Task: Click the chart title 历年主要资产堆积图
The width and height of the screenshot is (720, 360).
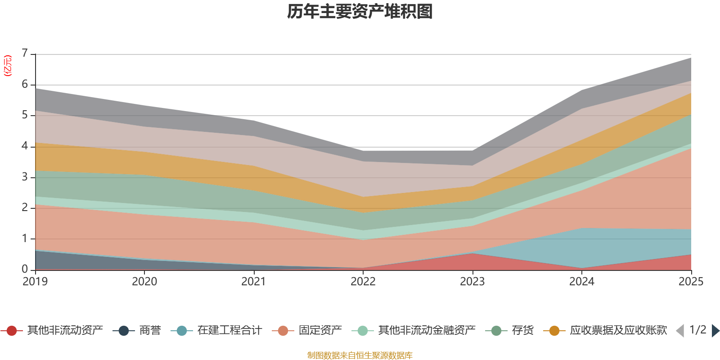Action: (360, 12)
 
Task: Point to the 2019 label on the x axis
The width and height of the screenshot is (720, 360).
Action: (35, 282)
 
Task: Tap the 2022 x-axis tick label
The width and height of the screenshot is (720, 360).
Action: (363, 282)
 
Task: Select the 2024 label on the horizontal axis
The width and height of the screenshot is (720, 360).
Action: (581, 282)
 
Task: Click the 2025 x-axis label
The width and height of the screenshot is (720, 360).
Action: (691, 282)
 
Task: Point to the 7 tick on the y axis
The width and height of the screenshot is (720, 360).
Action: (25, 53)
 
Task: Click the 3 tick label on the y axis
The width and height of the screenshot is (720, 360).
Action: (25, 177)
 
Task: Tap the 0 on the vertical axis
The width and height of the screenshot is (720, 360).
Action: (25, 269)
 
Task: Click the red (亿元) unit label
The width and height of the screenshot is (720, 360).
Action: (7, 66)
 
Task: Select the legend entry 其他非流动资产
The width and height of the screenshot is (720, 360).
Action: (52, 330)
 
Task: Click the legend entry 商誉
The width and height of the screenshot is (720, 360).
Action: (137, 330)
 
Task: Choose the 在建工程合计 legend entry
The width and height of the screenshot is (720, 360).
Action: (216, 330)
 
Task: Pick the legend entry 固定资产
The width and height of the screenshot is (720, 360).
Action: (307, 330)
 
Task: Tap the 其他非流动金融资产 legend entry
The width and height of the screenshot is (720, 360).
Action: (414, 330)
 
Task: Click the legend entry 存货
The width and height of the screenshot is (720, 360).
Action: (509, 330)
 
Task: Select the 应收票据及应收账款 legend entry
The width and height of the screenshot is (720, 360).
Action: (605, 330)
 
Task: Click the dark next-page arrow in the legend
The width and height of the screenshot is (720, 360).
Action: (715, 330)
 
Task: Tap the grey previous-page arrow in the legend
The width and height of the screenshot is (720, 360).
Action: (680, 330)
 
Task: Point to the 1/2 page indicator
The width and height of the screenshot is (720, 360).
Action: (698, 330)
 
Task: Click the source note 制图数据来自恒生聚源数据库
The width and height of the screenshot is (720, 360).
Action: (360, 355)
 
